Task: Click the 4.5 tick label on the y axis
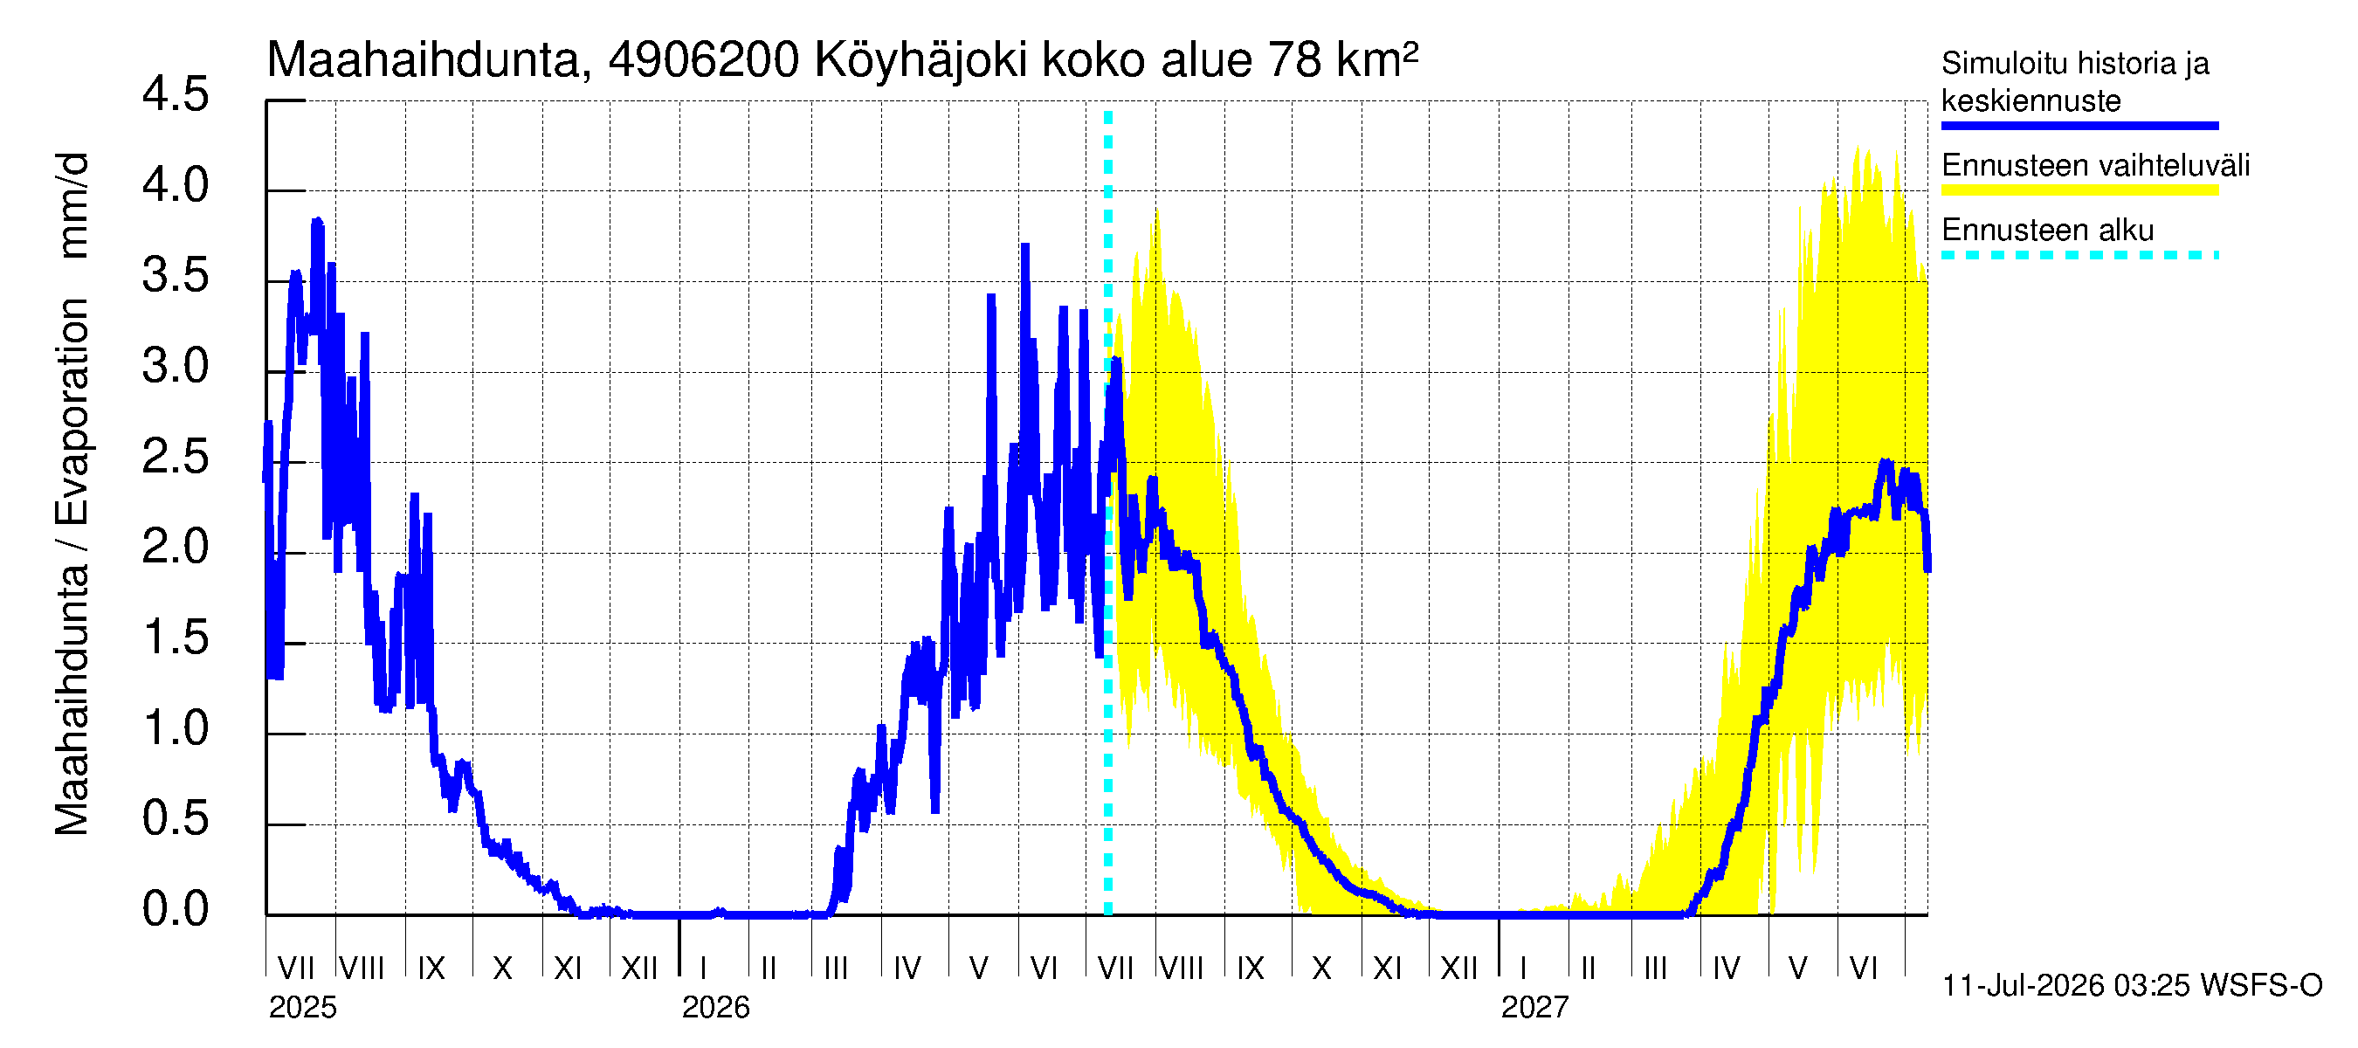coord(175,95)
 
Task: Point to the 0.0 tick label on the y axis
coord(175,909)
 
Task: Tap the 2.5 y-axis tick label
coord(175,457)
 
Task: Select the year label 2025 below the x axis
coord(302,1008)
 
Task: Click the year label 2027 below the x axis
coord(1534,1008)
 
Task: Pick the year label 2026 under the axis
coord(715,1008)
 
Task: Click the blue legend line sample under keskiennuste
coord(2079,126)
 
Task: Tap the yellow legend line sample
coord(2079,190)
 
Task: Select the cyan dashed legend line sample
coord(2079,255)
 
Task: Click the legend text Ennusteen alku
coord(2047,230)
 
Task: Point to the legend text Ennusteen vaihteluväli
coord(2094,166)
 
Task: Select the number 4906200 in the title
coord(703,60)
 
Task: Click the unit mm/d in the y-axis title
coord(72,205)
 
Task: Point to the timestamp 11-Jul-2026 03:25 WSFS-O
coord(2132,986)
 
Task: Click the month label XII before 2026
coord(639,968)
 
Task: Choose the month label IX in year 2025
coord(431,968)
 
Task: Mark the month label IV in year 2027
coord(1726,968)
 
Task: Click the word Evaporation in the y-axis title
coord(72,411)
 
